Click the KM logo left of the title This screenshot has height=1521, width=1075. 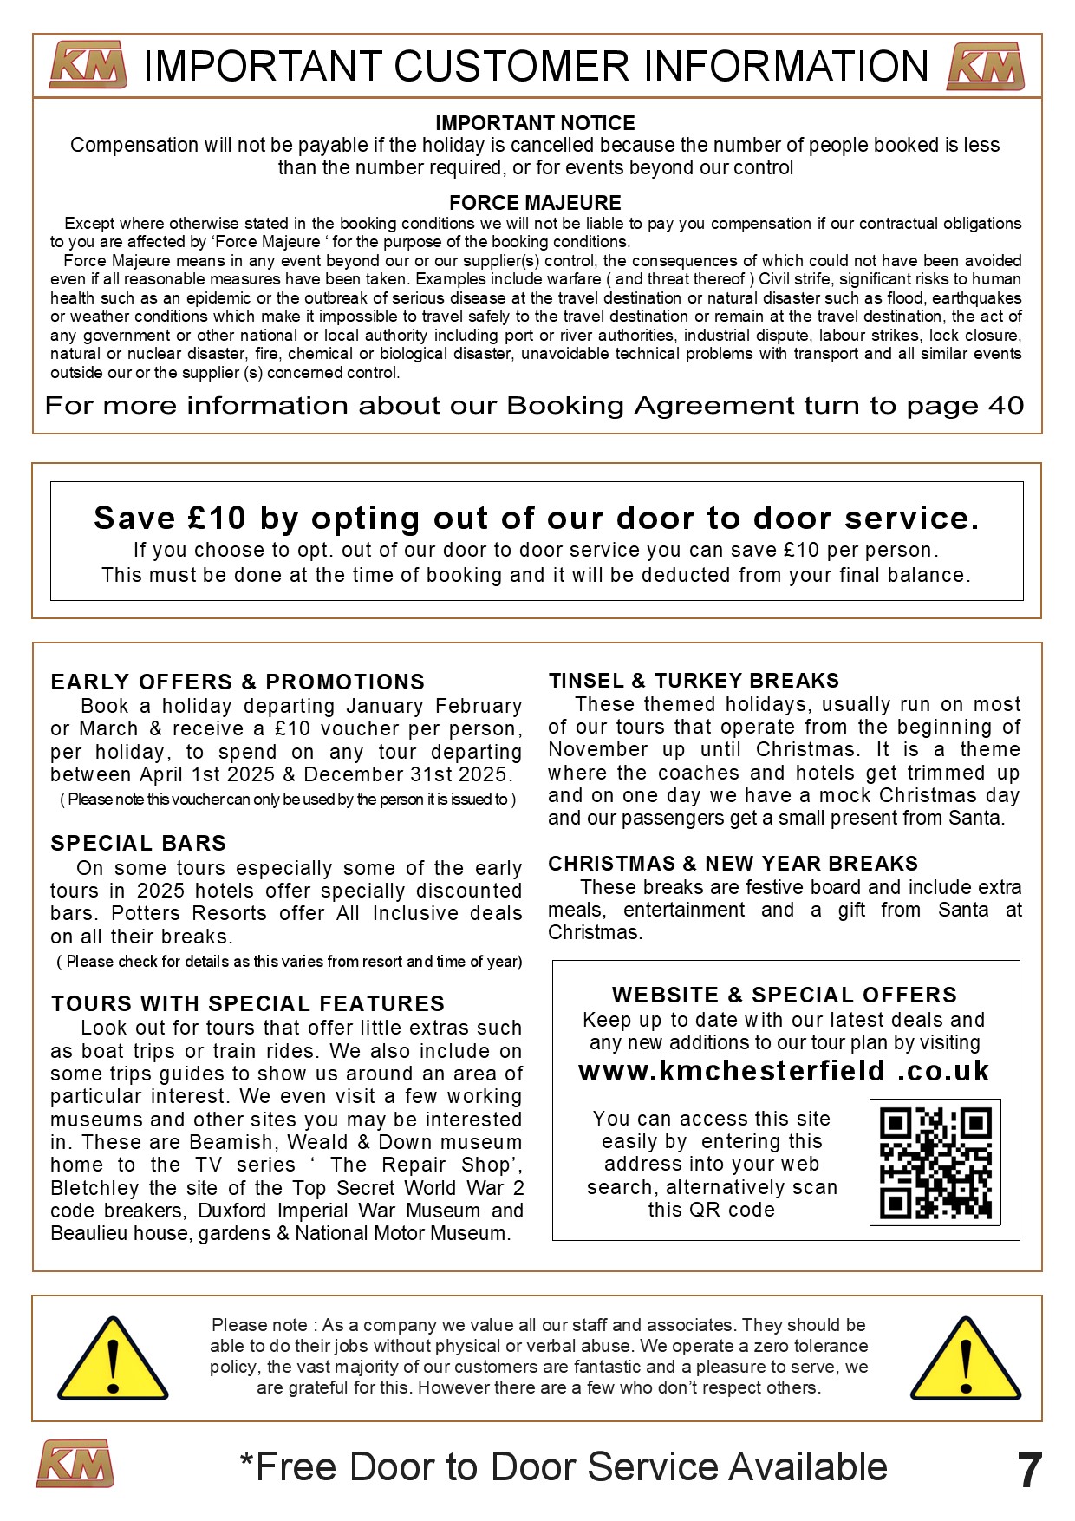click(88, 65)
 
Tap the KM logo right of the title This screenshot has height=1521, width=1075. click(985, 66)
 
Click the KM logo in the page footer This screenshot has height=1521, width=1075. click(75, 1464)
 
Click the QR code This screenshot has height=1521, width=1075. click(935, 1162)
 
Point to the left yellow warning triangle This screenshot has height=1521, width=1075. click(112, 1360)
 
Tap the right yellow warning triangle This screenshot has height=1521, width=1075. click(965, 1360)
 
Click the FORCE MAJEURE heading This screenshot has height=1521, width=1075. click(535, 203)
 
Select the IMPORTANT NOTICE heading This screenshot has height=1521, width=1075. click(535, 123)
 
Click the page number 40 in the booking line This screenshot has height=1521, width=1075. click(1006, 406)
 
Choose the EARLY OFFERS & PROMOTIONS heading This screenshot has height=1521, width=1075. click(238, 682)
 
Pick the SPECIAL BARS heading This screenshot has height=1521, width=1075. click(138, 843)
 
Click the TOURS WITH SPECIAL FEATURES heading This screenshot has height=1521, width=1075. click(247, 1003)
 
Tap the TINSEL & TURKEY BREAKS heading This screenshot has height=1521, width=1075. click(694, 681)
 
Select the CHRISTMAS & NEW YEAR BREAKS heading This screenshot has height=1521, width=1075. click(733, 864)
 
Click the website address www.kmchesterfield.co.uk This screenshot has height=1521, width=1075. click(784, 1071)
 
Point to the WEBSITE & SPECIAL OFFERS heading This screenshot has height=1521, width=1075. click(785, 995)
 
